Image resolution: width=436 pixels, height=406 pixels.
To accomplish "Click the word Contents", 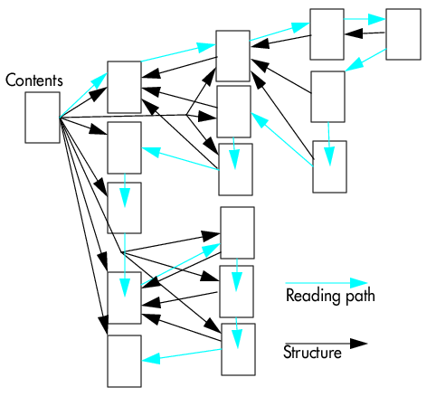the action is [34, 80].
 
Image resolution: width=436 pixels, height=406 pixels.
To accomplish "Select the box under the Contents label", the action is [43, 118].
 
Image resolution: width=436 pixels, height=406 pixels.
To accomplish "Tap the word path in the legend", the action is [360, 297].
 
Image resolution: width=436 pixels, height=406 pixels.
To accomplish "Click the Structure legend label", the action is [312, 352].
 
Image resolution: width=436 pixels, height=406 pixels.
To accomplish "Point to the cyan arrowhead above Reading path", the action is [358, 283].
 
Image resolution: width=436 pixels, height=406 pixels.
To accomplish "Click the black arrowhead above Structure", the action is [358, 344].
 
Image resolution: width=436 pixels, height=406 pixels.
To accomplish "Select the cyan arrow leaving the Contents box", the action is [83, 95].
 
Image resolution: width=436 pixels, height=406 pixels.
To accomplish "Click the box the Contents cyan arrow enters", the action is [124, 87].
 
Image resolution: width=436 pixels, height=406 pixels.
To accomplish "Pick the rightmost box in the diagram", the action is [403, 34].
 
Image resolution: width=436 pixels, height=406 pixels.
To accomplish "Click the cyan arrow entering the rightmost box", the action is [365, 19].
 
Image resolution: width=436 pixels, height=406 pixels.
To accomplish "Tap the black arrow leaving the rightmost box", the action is [365, 33].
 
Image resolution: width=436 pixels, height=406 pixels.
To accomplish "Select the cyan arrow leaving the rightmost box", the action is [365, 60].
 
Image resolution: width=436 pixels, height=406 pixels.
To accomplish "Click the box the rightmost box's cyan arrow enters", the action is [328, 97].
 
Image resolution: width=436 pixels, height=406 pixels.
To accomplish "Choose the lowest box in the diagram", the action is [124, 361].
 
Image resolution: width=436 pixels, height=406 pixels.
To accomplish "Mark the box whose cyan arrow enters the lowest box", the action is [238, 349].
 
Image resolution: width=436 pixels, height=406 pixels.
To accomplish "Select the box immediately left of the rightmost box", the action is [327, 34].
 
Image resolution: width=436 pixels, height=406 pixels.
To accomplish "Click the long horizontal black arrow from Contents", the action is [138, 117].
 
